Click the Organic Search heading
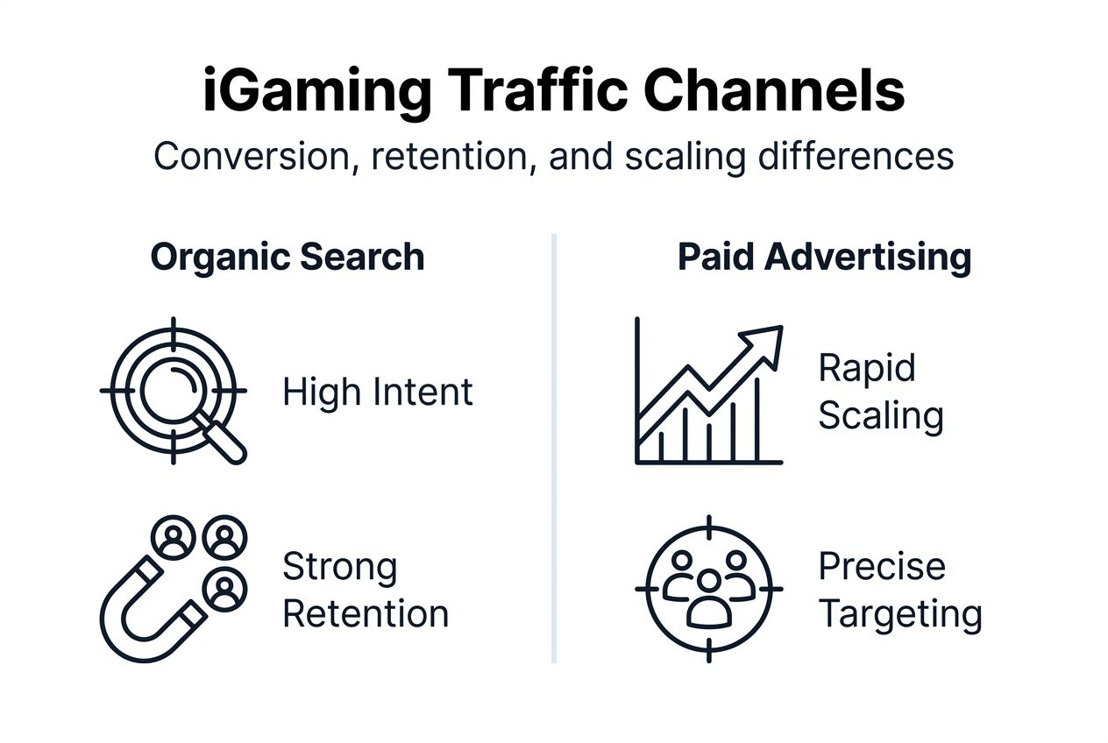(288, 258)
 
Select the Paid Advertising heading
(824, 258)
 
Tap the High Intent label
(378, 392)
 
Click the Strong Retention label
(366, 590)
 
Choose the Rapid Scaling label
(880, 391)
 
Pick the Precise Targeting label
(899, 590)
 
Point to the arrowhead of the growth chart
(767, 337)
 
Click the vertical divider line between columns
(554, 447)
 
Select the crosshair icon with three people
(708, 588)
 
